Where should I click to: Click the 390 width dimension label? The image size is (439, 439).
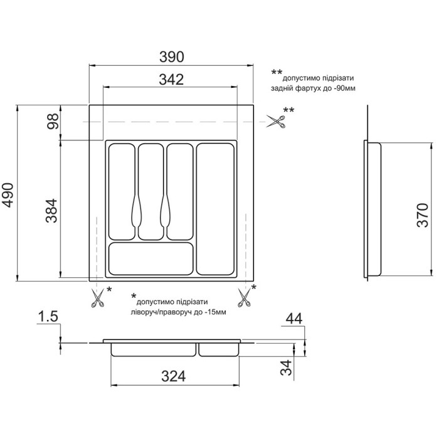172,57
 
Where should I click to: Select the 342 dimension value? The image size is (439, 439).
171,80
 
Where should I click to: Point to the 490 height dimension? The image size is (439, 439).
8,195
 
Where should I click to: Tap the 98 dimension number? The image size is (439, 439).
53,121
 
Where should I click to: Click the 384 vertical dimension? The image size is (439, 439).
51,211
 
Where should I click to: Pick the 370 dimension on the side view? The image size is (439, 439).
423,215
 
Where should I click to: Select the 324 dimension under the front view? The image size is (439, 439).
173,376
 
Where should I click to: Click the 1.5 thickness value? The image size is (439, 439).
48,316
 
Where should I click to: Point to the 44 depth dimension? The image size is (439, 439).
294,319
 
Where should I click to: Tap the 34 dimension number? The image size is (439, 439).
286,368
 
